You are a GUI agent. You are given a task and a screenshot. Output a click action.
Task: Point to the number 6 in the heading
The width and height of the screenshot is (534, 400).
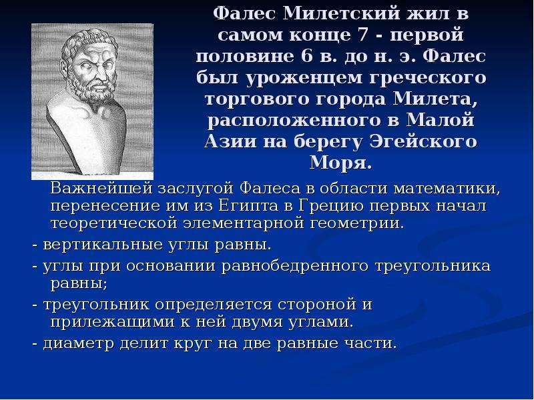tap(306, 56)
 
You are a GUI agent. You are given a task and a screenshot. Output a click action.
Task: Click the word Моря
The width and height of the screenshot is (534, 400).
tap(340, 163)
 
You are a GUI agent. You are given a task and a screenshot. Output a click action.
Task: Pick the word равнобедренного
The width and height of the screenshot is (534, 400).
tap(295, 266)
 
